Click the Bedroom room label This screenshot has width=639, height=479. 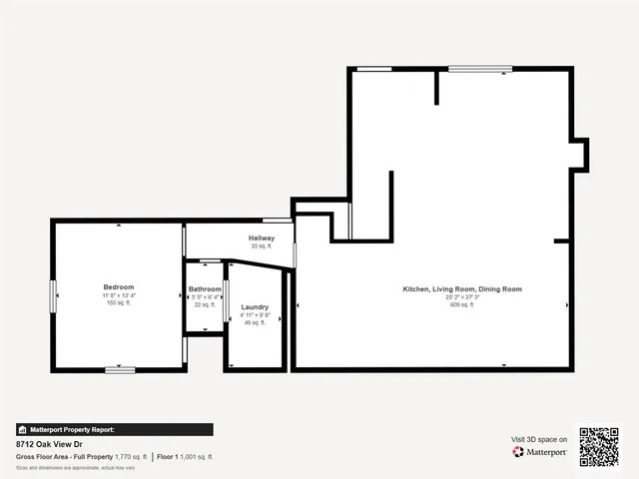(118, 287)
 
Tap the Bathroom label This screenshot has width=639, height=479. (205, 289)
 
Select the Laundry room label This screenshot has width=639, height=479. (255, 306)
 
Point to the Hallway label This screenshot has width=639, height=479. (262, 238)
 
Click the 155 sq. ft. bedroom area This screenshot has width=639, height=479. (118, 302)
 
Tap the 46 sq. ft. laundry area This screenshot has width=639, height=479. (255, 322)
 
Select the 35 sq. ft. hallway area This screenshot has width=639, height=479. (262, 245)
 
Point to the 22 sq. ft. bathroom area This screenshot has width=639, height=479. (205, 304)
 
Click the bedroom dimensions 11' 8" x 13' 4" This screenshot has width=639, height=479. (118, 295)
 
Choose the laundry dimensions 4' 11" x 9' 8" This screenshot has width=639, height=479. (255, 314)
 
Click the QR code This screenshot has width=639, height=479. (599, 446)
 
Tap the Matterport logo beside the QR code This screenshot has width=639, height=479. (540, 452)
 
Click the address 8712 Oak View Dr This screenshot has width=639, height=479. (49, 443)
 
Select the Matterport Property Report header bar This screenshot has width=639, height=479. (115, 429)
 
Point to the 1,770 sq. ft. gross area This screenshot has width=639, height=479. (131, 456)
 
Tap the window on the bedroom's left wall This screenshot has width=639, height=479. (53, 296)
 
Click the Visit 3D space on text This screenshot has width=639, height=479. (539, 439)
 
